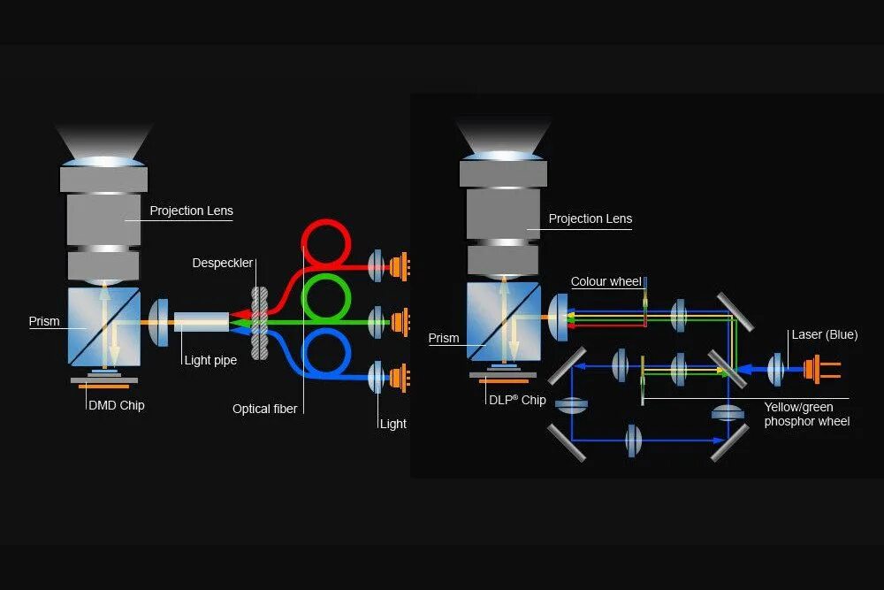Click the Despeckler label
click(x=223, y=264)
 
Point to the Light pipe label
click(x=210, y=360)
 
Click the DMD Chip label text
click(x=116, y=405)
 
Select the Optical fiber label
click(x=264, y=409)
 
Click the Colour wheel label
click(x=606, y=282)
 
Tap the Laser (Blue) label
click(x=824, y=335)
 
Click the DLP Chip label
click(x=517, y=400)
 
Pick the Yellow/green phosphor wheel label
click(x=806, y=415)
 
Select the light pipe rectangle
click(x=201, y=321)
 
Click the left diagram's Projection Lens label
click(x=191, y=211)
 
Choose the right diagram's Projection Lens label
click(x=590, y=218)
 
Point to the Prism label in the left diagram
click(x=44, y=321)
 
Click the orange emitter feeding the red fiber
click(x=401, y=264)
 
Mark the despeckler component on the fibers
click(x=259, y=322)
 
